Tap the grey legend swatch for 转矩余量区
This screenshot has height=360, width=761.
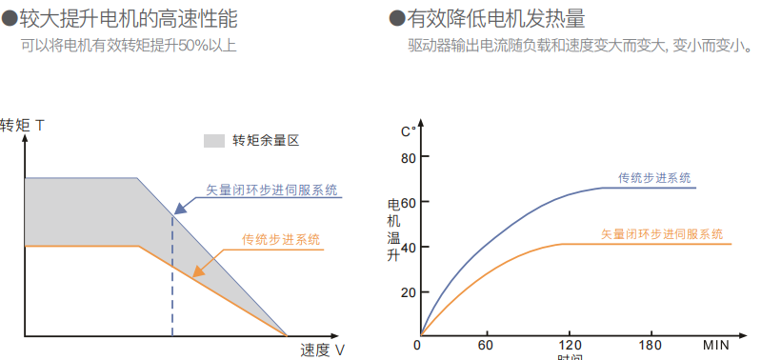coord(213,141)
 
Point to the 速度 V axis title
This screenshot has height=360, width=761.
coord(322,350)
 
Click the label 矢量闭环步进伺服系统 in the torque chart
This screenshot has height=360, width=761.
coord(271,190)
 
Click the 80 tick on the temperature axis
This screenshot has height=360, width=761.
coord(409,158)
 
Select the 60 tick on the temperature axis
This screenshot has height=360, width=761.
coord(409,202)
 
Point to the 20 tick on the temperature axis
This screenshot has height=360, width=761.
coord(409,292)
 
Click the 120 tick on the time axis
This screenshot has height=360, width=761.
coord(569,344)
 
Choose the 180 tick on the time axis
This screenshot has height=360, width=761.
coord(651,344)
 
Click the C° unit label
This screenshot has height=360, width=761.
coord(409,131)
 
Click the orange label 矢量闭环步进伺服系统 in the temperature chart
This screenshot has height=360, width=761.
coord(661,234)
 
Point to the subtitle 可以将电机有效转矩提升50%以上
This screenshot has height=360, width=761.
coord(129,45)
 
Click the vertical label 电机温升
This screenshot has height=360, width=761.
coord(394,230)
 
